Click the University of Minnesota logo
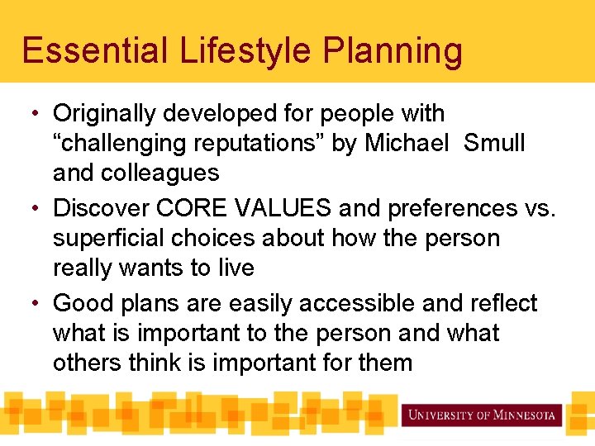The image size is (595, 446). pyautogui.click(x=482, y=415)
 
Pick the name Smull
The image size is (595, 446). pyautogui.click(x=494, y=143)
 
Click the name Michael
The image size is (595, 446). pyautogui.click(x=408, y=143)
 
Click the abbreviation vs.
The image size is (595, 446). pyautogui.click(x=540, y=208)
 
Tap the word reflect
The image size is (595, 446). pyautogui.click(x=503, y=303)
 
